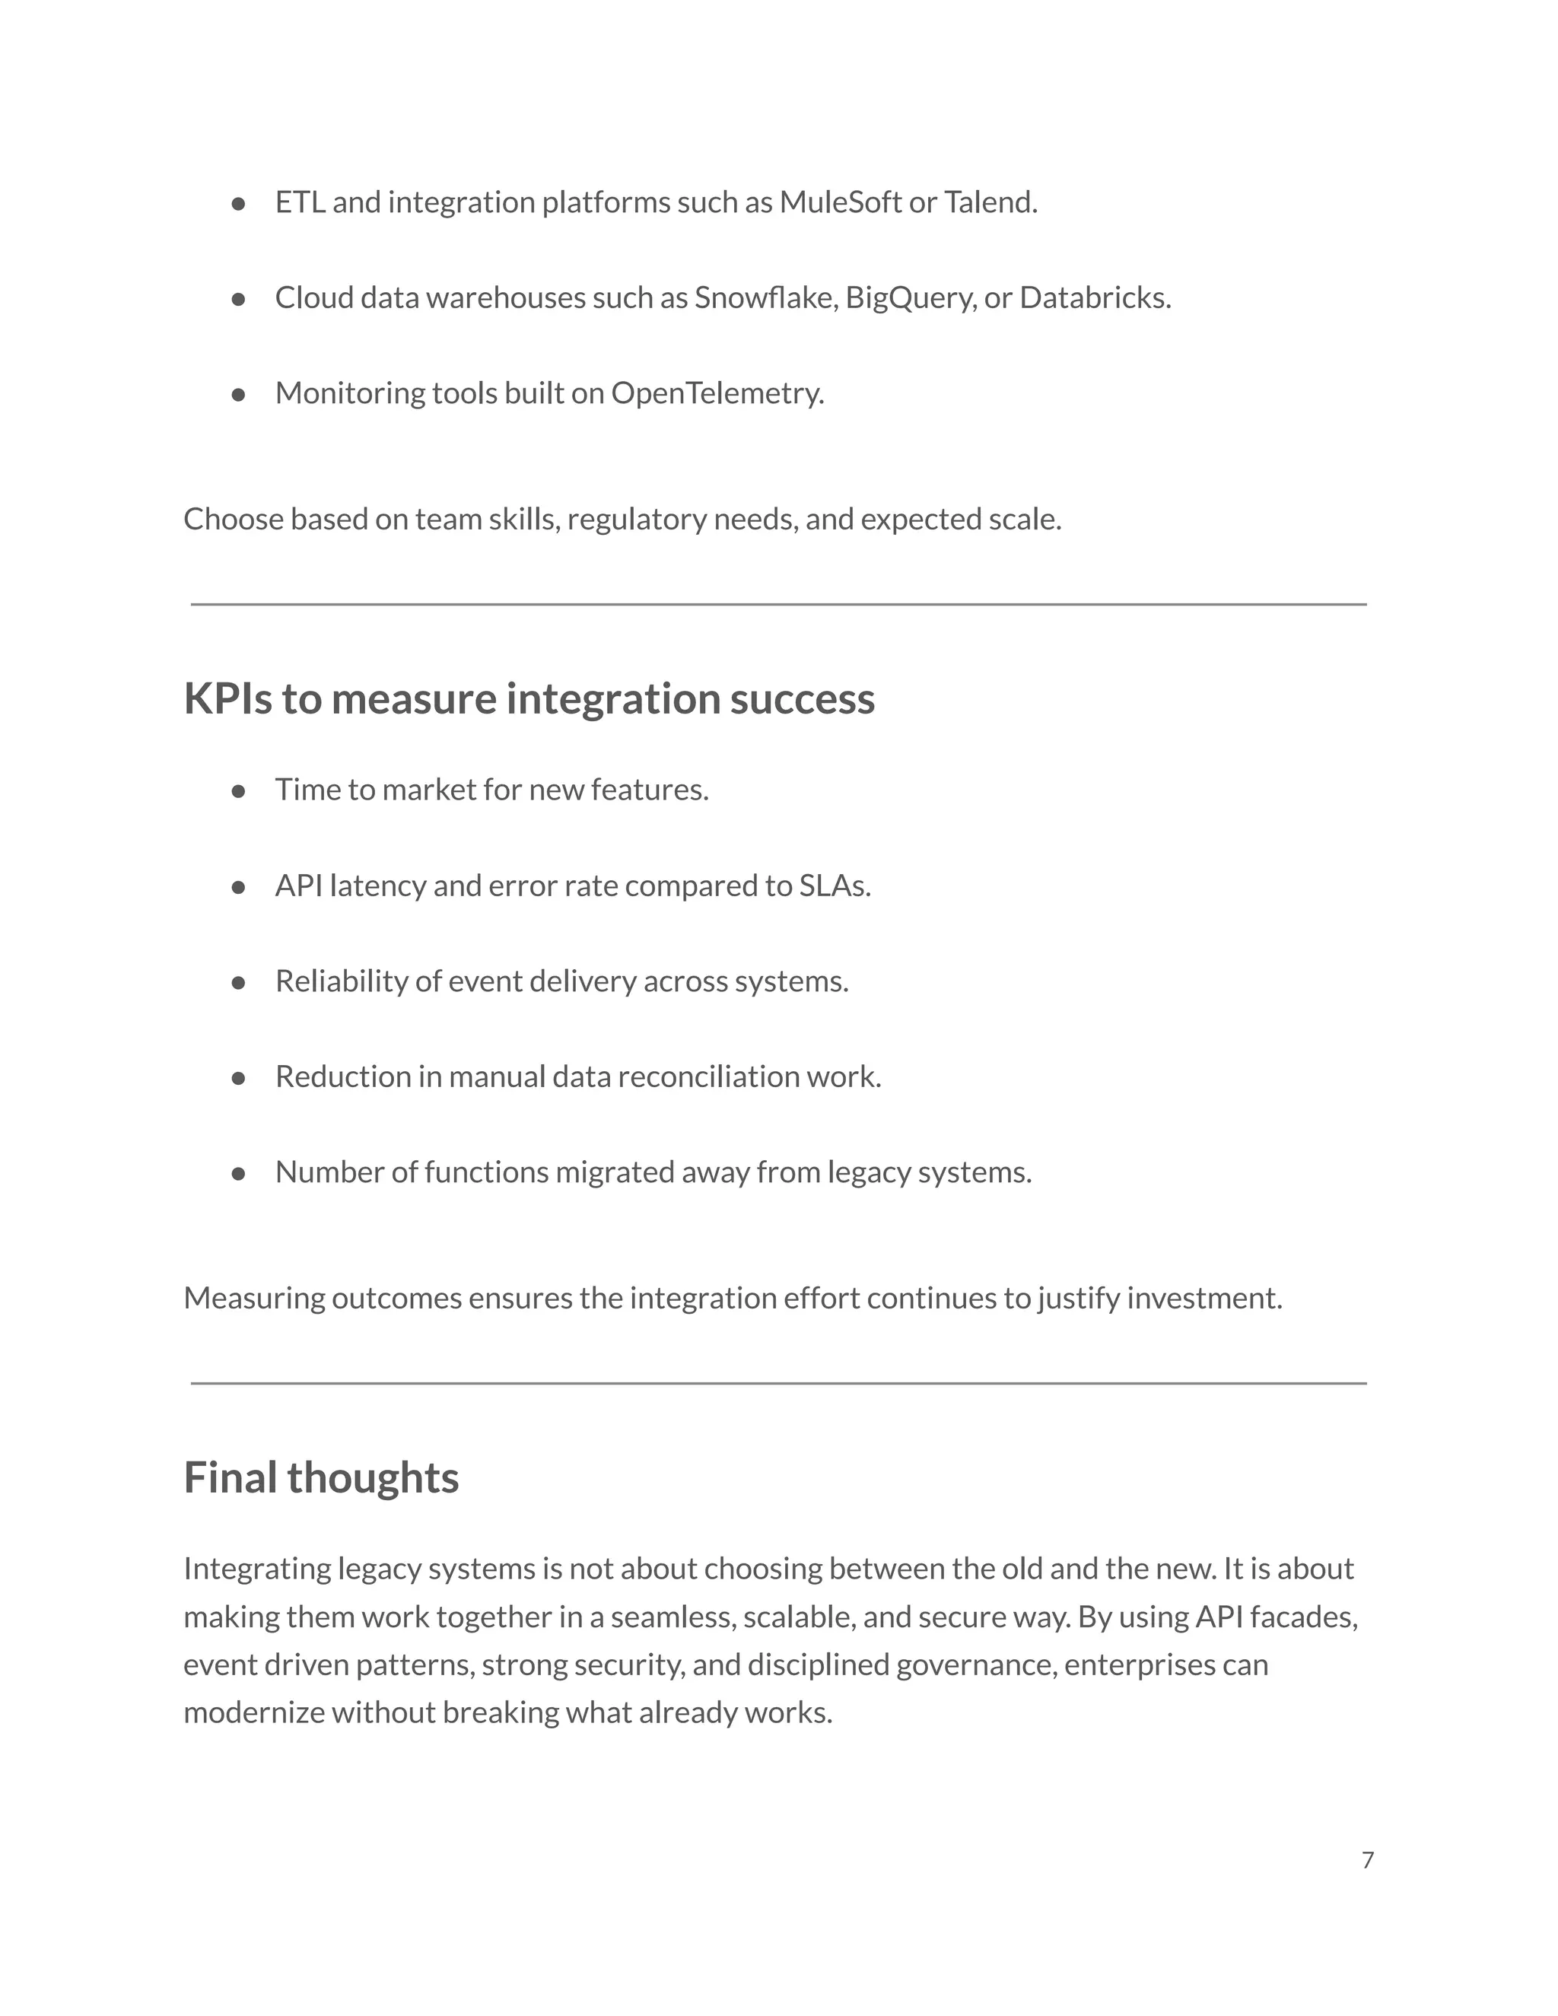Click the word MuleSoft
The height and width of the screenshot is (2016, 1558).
pos(840,202)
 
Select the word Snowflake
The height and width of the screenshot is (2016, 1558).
pos(765,298)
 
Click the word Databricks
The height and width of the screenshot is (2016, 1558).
pos(1095,298)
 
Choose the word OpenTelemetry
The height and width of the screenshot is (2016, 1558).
pos(717,393)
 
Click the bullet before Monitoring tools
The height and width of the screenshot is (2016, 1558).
pos(238,395)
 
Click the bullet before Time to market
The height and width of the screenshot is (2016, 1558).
pos(238,791)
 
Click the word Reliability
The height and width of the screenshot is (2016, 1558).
pos(342,981)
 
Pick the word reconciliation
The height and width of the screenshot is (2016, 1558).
pos(708,1077)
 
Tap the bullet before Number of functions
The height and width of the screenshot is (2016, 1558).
pos(238,1174)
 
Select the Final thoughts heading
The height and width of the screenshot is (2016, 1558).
pos(321,1478)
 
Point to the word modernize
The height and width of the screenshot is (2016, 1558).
pos(254,1713)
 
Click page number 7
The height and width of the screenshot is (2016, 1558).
pos(1368,1860)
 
